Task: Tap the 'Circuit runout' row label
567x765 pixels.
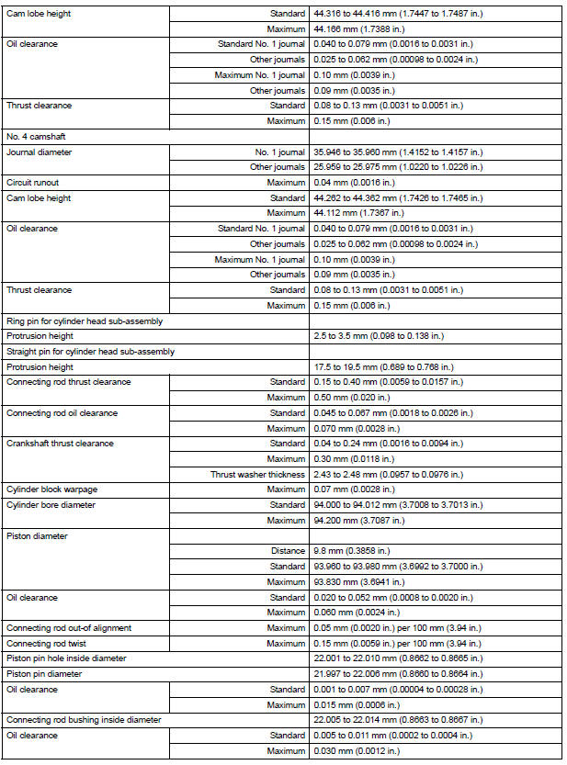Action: click(33, 183)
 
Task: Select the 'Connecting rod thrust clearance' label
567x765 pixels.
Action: click(68, 382)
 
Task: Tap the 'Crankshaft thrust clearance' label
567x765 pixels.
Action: click(60, 444)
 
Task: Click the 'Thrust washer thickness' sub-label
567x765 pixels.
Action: click(258, 475)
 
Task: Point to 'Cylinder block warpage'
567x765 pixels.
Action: click(51, 490)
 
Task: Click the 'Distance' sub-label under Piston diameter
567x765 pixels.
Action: click(289, 551)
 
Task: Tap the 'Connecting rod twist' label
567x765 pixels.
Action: click(48, 643)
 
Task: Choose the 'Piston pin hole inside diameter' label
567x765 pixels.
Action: click(66, 658)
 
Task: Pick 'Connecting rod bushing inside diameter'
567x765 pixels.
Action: click(83, 720)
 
